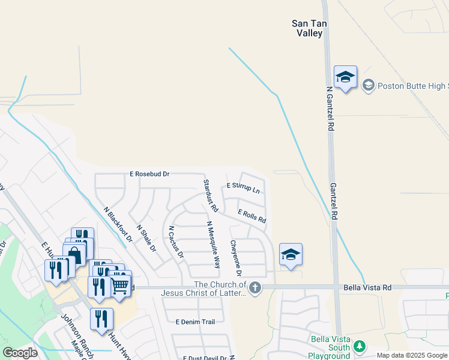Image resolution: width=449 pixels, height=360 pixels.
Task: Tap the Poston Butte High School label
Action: pyautogui.click(x=412, y=86)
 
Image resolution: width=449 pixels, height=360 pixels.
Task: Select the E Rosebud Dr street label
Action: pyautogui.click(x=149, y=174)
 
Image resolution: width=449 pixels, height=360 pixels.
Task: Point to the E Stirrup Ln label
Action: pyautogui.click(x=243, y=188)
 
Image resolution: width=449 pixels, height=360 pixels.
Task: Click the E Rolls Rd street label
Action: pyautogui.click(x=252, y=216)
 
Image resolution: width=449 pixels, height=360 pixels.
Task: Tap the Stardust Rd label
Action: pyautogui.click(x=209, y=196)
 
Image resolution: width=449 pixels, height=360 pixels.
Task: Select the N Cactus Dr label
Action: pyautogui.click(x=175, y=242)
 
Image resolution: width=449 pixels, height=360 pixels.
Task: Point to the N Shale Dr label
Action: pyautogui.click(x=146, y=238)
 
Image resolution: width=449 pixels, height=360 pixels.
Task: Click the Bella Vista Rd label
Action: pyautogui.click(x=367, y=288)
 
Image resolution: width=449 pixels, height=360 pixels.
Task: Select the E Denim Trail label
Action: pyautogui.click(x=195, y=322)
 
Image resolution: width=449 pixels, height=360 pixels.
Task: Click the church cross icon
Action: pyautogui.click(x=255, y=289)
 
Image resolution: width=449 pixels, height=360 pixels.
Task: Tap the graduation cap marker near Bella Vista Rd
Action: pyautogui.click(x=291, y=254)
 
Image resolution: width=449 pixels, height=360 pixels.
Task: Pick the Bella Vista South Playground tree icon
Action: pyautogui.click(x=359, y=347)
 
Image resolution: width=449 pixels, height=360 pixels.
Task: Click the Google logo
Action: pyautogui.click(x=20, y=353)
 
